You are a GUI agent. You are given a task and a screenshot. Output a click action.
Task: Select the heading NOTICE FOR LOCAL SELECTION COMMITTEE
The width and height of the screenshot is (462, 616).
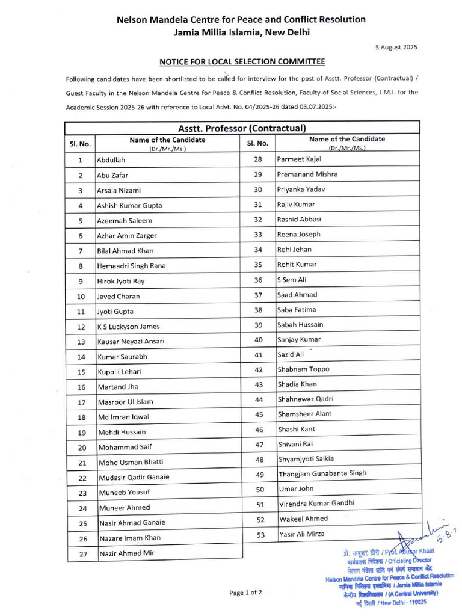pyautogui.click(x=242, y=62)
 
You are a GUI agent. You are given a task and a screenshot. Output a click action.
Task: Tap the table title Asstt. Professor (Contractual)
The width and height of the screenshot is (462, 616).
pyautogui.click(x=242, y=128)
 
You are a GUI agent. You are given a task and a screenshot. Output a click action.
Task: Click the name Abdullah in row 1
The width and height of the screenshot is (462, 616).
pyautogui.click(x=111, y=161)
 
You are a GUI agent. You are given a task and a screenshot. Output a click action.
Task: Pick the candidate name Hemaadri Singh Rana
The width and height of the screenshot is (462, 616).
pyautogui.click(x=131, y=266)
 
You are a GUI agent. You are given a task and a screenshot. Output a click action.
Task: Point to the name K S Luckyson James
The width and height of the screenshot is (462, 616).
pyautogui.click(x=128, y=327)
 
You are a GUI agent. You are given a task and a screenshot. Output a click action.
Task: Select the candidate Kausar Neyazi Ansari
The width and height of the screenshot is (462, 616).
pyautogui.click(x=131, y=342)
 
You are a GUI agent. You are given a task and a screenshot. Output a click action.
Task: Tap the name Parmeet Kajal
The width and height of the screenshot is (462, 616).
pyautogui.click(x=300, y=159)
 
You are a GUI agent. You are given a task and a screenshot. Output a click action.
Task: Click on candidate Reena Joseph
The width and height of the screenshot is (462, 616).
pyautogui.click(x=298, y=235)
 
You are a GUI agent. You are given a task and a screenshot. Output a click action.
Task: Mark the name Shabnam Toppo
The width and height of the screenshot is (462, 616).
pyautogui.click(x=303, y=369)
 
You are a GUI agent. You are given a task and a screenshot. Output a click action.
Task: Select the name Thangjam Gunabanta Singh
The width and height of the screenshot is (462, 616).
pyautogui.click(x=322, y=473)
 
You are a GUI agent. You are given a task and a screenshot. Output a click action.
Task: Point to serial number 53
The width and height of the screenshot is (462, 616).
pyautogui.click(x=260, y=534)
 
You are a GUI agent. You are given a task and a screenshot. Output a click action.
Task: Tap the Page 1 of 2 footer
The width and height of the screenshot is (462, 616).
pyautogui.click(x=245, y=593)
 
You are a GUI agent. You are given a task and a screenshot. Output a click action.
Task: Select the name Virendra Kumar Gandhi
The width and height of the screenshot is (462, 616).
pyautogui.click(x=316, y=503)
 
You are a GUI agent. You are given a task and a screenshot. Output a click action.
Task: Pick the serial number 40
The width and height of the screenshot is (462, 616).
pyautogui.click(x=259, y=340)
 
